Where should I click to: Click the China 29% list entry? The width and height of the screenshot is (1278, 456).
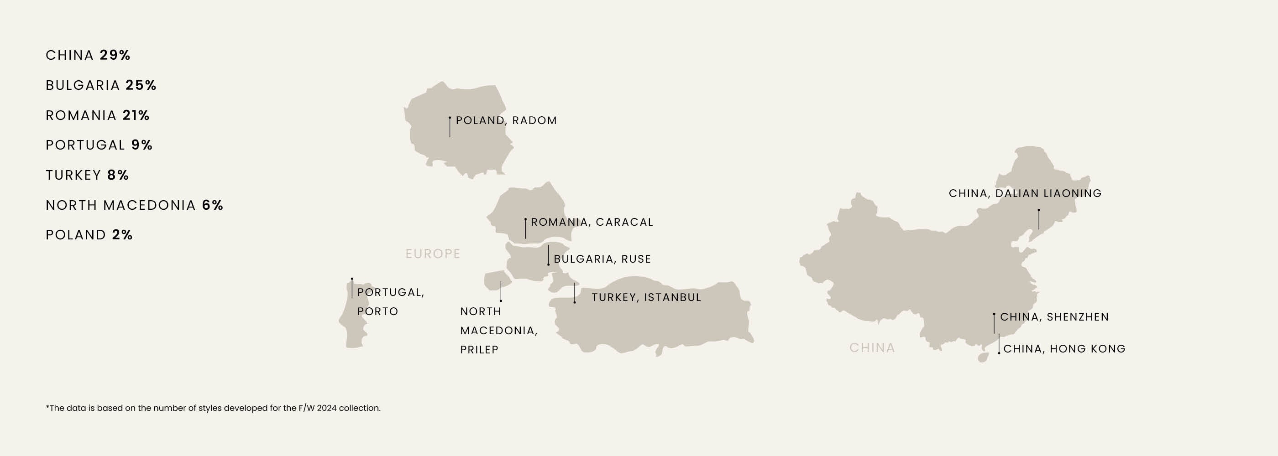tap(88, 55)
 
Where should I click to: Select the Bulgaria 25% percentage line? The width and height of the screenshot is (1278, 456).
tap(101, 85)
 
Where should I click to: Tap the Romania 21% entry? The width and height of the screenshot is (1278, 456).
tap(97, 115)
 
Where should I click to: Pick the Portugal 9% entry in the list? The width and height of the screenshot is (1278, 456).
tap(99, 145)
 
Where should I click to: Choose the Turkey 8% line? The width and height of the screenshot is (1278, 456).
tap(87, 175)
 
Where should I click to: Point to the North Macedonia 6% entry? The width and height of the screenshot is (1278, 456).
tap(134, 205)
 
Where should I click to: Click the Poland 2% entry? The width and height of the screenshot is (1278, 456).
tap(89, 235)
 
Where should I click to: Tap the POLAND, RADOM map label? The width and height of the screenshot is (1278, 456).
tap(506, 120)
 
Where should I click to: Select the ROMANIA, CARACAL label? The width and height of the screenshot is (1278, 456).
tap(592, 222)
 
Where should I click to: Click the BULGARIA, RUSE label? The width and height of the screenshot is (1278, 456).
tap(602, 259)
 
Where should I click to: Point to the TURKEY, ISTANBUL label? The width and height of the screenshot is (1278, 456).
tap(646, 297)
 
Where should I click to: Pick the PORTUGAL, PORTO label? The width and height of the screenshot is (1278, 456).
tap(390, 302)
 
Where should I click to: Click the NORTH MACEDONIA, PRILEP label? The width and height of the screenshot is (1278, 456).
tap(498, 331)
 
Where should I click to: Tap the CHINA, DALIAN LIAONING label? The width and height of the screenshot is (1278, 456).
tap(1025, 193)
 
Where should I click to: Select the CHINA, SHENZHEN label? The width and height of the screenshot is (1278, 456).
tap(1054, 317)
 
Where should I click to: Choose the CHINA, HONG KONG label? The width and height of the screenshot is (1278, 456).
tap(1064, 349)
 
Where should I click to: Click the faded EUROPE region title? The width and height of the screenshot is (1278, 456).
tap(433, 254)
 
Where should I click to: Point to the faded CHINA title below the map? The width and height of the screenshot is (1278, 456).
tap(872, 348)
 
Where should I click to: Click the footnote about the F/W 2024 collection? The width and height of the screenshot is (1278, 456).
tap(213, 409)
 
